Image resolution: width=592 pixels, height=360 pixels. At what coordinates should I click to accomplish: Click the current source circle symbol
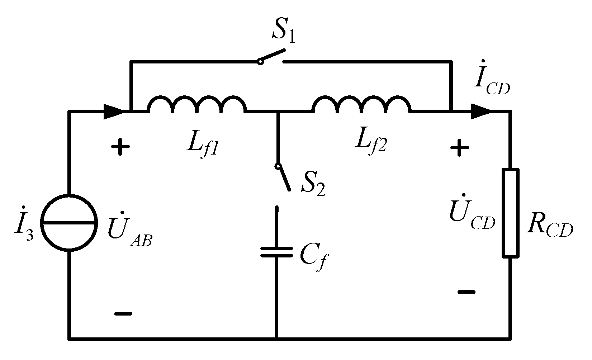(x=69, y=223)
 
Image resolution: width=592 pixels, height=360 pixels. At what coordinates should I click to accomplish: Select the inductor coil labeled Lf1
(x=197, y=104)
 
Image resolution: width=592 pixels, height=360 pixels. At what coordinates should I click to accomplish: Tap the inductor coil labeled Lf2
(x=361, y=104)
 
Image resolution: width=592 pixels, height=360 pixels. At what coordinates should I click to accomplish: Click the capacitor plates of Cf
(x=276, y=252)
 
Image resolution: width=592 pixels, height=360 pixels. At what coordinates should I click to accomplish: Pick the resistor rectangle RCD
(x=510, y=213)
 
